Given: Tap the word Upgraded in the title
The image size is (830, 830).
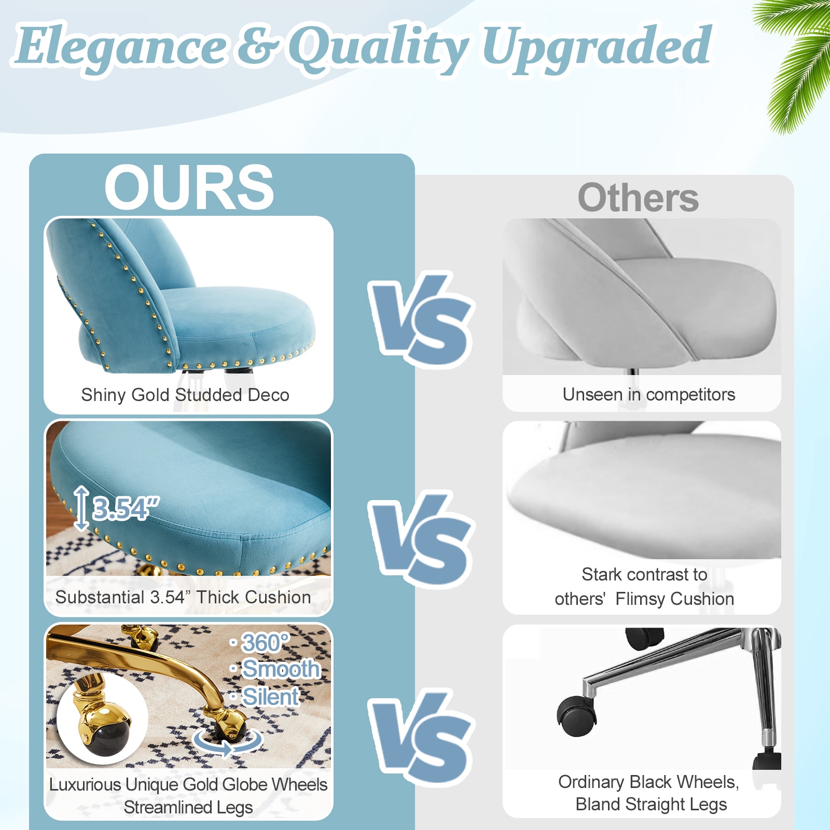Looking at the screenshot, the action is coord(597,48).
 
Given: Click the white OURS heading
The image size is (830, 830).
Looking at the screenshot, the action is coord(189,187).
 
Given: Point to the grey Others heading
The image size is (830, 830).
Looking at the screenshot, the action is coord(638,198).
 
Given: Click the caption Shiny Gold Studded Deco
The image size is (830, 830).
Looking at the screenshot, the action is coord(185,395).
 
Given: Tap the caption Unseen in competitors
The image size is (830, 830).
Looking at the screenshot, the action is coord(649,394).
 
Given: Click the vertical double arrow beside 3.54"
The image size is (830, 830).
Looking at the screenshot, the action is coord(81,508).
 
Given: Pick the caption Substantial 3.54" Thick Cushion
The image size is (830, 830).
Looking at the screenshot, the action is coord(183,597).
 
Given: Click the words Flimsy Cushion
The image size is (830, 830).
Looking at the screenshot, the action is coord(675,599).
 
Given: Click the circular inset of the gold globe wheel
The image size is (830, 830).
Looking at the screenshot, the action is coord(103,718).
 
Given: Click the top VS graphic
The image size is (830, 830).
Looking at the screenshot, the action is coord(420,319).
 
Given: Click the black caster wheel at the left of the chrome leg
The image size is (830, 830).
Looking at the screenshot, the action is coord(576,716).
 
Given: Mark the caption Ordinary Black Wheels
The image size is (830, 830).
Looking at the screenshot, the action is coord(648,782).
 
